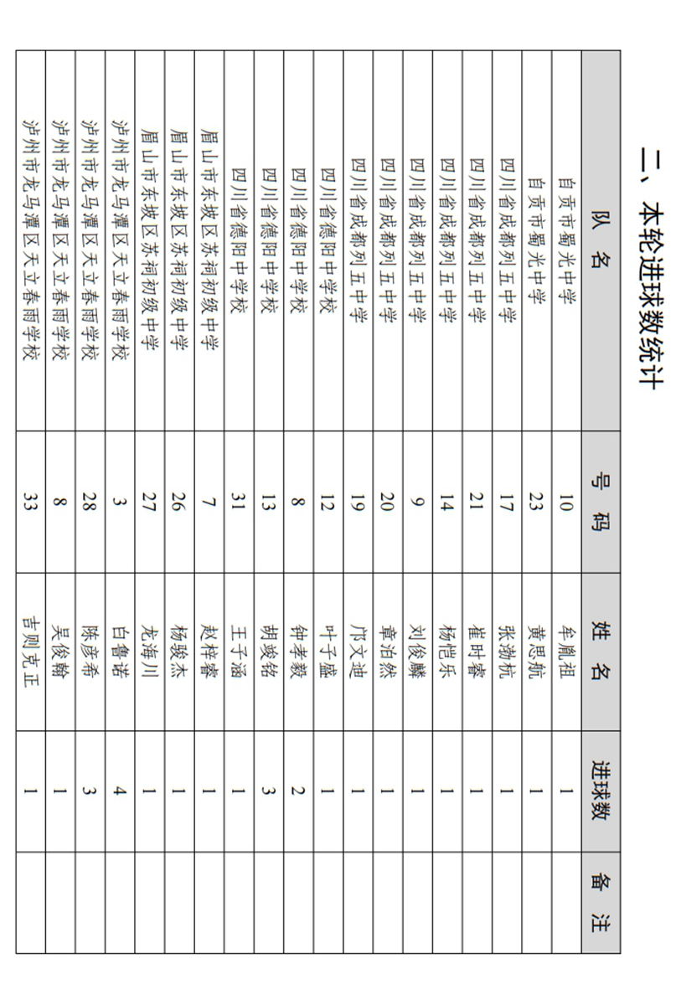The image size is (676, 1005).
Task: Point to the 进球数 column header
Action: (x=601, y=791)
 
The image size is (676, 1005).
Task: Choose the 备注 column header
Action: (x=601, y=902)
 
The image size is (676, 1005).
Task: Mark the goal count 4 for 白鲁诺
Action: (x=119, y=791)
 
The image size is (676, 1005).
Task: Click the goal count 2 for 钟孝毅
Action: (x=298, y=791)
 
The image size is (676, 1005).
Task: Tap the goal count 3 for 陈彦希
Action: (x=90, y=791)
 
